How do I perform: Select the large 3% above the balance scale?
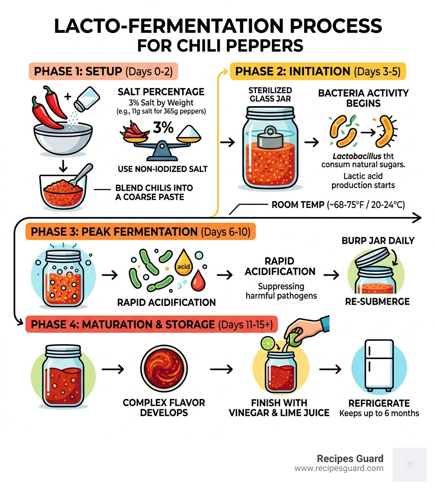162,128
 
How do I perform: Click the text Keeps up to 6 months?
379,413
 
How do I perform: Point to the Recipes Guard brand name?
350,459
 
